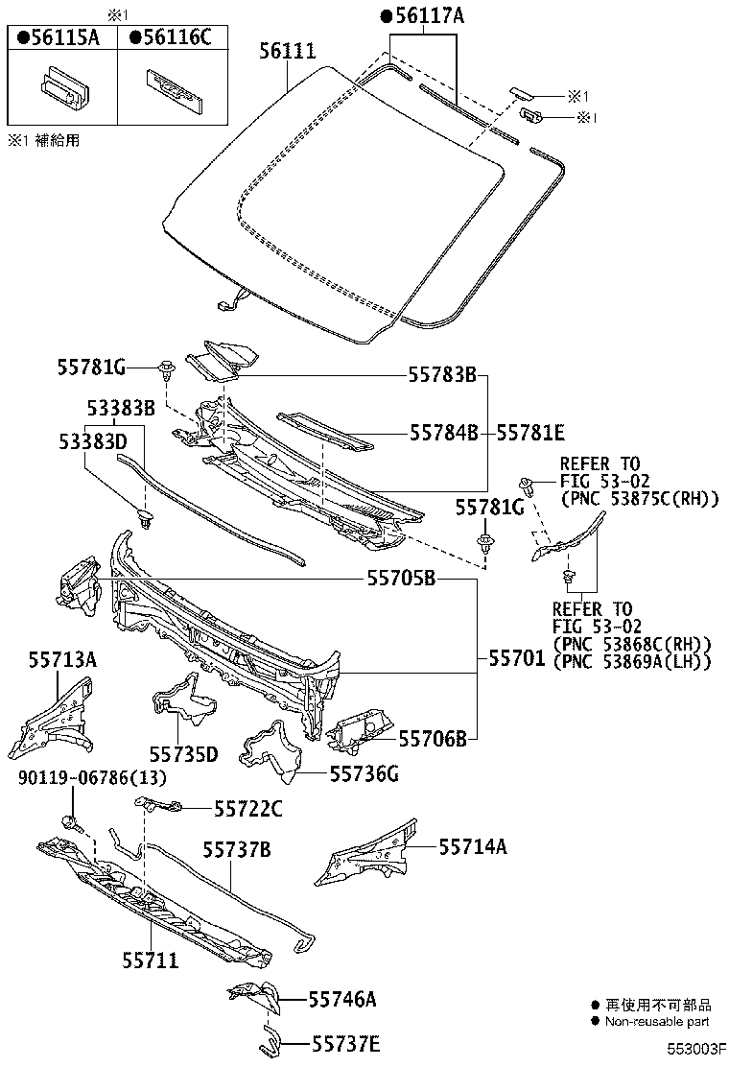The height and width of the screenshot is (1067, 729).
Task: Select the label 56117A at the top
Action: (423, 15)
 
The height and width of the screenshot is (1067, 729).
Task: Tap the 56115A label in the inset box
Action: (59, 37)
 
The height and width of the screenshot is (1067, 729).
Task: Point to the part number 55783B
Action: (442, 375)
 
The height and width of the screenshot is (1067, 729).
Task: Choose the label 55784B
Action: (443, 434)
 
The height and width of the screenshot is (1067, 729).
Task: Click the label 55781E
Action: (530, 434)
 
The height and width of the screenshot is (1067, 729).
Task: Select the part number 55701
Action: (517, 659)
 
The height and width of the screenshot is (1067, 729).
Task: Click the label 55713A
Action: (61, 660)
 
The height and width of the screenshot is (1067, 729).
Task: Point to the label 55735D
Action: (183, 755)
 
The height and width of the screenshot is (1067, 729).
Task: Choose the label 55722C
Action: (247, 810)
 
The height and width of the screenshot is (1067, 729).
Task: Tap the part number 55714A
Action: (473, 846)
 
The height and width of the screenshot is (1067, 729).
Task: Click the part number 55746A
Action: (341, 1000)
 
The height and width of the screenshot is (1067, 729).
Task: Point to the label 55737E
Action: (343, 1044)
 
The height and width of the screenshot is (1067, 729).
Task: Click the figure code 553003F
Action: (696, 1053)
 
